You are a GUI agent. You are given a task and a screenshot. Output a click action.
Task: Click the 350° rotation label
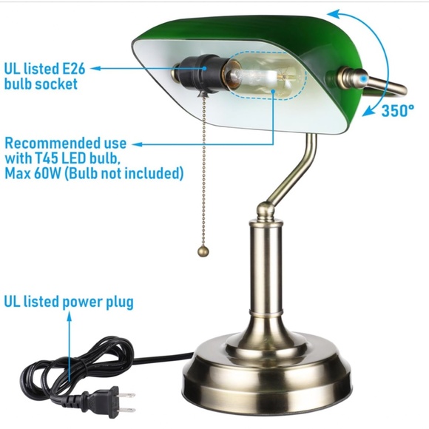coord(397,110)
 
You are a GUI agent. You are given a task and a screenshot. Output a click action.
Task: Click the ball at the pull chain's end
coord(203,251)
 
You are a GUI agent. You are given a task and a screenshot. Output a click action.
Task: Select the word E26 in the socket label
coord(74,69)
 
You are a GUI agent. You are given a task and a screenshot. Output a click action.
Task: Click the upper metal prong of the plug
coord(126,396)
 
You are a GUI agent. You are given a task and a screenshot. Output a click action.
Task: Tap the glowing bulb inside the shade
coord(265,76)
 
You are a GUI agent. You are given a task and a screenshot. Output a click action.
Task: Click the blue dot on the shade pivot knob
coord(363,79)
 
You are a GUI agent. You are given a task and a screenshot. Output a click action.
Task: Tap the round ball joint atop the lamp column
coord(266,209)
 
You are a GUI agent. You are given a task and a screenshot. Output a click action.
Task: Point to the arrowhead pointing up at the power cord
coord(70,317)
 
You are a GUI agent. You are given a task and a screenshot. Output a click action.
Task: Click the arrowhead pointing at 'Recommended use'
coord(138,144)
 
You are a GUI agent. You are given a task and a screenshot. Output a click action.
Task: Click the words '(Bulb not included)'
coord(124,174)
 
